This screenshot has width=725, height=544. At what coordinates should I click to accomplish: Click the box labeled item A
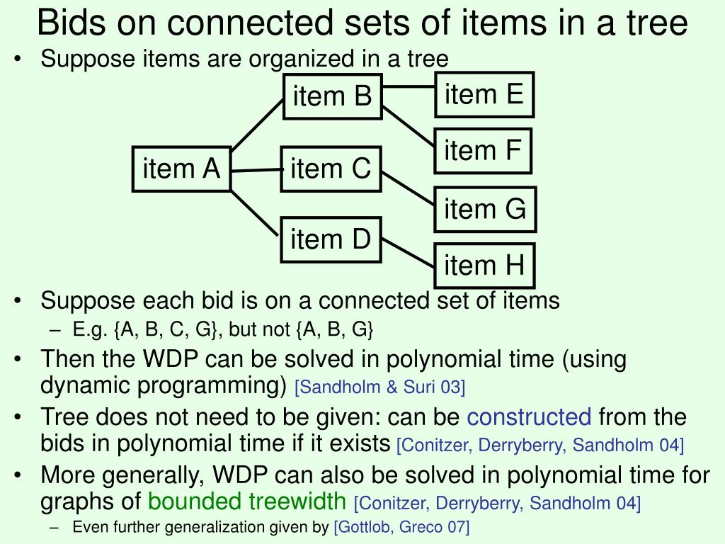pyautogui.click(x=182, y=169)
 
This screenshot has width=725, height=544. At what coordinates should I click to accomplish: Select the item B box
pyautogui.click(x=332, y=96)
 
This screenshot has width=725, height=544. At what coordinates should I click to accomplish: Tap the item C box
pyautogui.click(x=331, y=169)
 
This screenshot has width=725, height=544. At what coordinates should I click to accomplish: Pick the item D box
pyautogui.click(x=331, y=239)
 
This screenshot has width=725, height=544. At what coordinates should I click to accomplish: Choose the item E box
pyautogui.click(x=484, y=94)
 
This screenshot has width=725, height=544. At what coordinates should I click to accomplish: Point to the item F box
pyautogui.click(x=482, y=150)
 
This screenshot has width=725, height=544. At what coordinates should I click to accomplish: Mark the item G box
pyautogui.click(x=485, y=209)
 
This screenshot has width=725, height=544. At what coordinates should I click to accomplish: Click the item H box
pyautogui.click(x=484, y=266)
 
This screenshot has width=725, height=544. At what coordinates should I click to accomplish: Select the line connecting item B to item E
pyautogui.click(x=409, y=88)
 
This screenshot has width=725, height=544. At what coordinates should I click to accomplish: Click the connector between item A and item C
pyautogui.click(x=256, y=170)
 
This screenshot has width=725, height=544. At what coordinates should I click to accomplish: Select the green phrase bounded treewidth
pyautogui.click(x=246, y=502)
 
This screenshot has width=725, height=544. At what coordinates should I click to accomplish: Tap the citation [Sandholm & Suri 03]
pyautogui.click(x=379, y=387)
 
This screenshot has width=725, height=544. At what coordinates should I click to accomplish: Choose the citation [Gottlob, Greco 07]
pyautogui.click(x=401, y=526)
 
